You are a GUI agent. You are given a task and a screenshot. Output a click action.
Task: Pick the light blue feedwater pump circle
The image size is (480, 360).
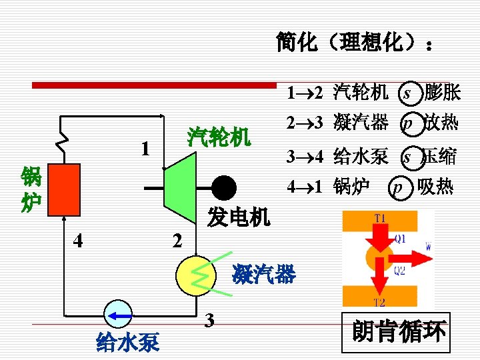119,314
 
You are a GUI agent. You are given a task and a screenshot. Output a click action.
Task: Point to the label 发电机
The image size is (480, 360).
238,216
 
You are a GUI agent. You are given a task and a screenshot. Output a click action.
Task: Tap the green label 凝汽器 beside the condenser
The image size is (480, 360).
263,273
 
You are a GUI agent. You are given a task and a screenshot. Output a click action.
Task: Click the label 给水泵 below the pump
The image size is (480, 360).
128,343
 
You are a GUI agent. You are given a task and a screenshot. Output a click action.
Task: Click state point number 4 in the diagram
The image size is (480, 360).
79,239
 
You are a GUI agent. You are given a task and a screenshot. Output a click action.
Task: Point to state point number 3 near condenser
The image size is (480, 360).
209,321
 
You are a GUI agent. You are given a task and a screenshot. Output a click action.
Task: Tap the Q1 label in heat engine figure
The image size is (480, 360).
400,237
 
